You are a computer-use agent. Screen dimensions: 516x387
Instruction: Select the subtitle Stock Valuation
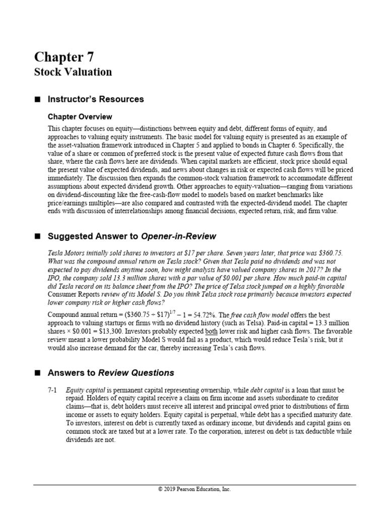[x=73, y=72]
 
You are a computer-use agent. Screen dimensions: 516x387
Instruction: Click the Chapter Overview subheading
[x=80, y=117]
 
